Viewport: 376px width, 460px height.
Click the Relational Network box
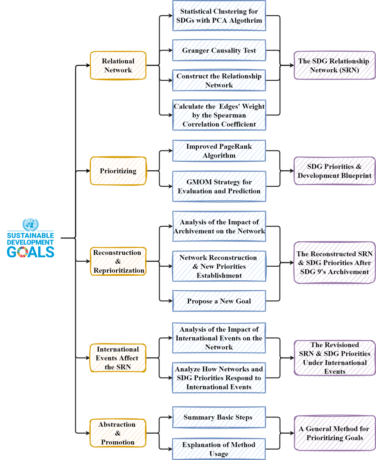118,65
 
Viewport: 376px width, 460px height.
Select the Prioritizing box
118,171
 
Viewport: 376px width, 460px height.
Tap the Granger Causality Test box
219,50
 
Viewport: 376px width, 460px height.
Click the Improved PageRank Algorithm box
219,151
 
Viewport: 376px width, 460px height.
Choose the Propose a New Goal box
219,301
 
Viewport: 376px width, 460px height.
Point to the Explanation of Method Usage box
219,449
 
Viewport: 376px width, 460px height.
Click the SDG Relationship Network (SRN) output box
334,65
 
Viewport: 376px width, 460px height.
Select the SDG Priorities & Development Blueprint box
334,171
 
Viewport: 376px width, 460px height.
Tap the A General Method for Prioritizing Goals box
334,433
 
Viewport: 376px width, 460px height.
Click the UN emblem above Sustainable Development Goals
31,225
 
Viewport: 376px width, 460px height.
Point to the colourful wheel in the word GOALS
23,252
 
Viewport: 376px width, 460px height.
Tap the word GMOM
199,182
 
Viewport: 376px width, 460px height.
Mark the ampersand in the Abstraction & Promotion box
118,433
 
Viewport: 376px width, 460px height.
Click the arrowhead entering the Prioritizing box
88,171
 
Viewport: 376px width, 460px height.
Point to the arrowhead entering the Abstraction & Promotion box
88,433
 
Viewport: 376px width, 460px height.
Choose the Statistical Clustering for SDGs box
219,16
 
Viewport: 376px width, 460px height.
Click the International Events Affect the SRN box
118,358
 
